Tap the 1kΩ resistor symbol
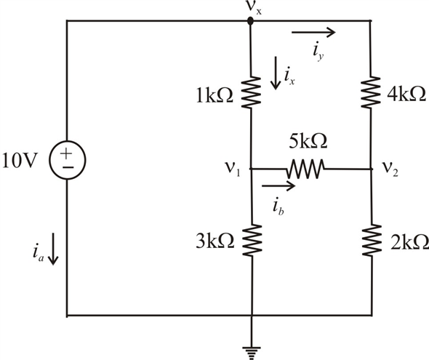251,92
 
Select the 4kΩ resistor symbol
371,92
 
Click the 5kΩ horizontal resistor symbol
305,169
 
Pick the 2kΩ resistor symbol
372,240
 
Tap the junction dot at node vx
250,21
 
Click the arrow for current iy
313,32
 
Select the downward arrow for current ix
276,73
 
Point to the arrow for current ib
278,186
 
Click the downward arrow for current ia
53,249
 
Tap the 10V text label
19,160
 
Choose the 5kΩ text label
308,141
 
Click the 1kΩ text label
215,96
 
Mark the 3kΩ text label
215,241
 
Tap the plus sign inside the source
66,153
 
